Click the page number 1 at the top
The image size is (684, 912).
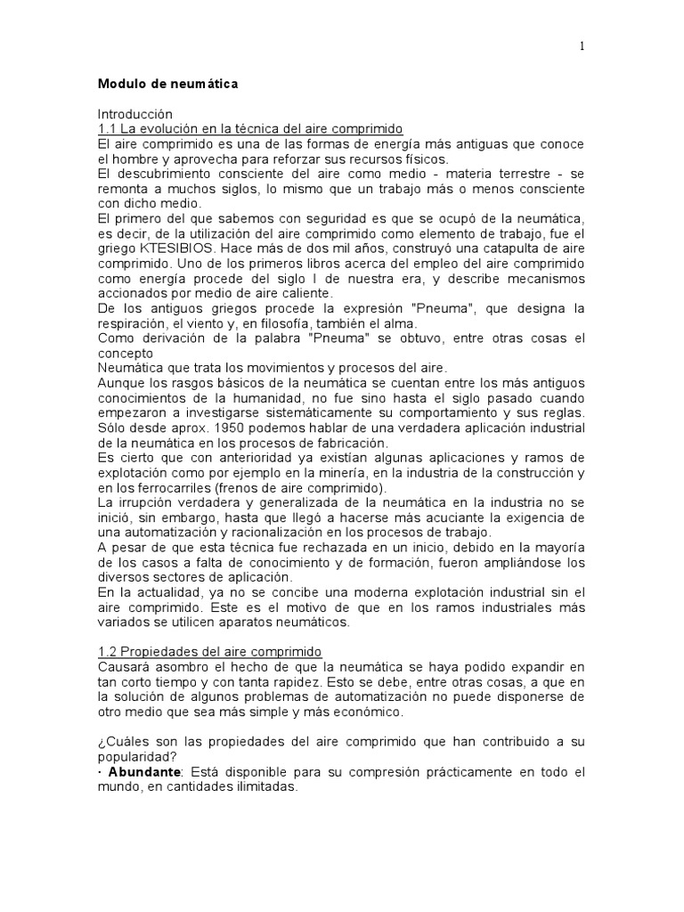click(x=582, y=47)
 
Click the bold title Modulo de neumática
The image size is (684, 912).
click(x=168, y=85)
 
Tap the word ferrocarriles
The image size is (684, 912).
click(x=154, y=487)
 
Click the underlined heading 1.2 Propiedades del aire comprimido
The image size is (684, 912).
click(x=209, y=651)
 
